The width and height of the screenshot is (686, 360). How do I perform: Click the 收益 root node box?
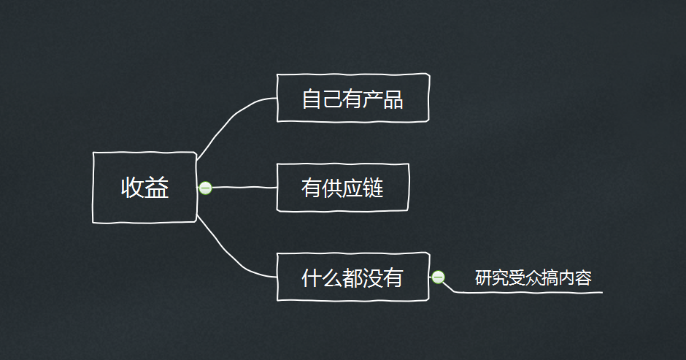tap(144, 188)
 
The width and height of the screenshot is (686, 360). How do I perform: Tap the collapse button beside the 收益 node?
tap(206, 188)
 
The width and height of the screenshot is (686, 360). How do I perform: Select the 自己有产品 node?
tap(352, 98)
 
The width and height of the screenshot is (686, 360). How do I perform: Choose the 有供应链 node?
tap(342, 188)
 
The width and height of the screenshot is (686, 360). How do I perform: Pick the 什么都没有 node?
tap(352, 277)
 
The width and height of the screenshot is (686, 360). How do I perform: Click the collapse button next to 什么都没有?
tap(438, 277)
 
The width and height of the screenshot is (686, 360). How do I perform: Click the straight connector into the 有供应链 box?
tap(244, 188)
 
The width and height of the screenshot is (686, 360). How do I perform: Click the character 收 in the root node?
tap(132, 188)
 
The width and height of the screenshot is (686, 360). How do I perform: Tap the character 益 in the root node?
tap(158, 188)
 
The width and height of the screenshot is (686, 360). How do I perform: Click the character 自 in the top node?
tap(312, 99)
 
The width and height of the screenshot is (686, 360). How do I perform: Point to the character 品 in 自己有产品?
tap(393, 99)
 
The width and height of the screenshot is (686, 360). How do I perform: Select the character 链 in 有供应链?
tap(373, 188)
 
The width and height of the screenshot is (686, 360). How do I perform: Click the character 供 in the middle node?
tap(332, 188)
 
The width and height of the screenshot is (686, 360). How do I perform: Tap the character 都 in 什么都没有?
tap(352, 277)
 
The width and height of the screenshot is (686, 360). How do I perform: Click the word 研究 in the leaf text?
tap(492, 278)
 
